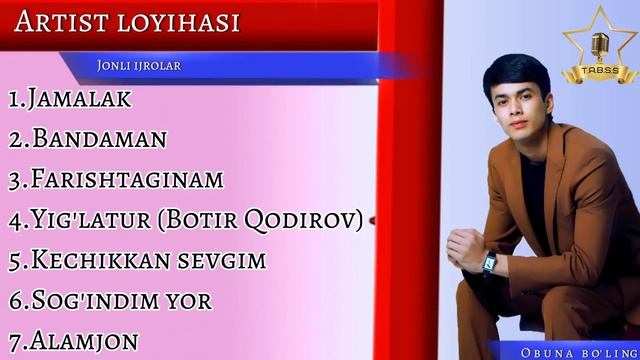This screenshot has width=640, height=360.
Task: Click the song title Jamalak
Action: tap(80, 99)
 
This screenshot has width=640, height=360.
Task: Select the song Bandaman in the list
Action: tap(99, 139)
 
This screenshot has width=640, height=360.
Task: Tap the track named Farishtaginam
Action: tap(127, 180)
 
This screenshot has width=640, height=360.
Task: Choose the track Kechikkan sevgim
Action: tap(149, 260)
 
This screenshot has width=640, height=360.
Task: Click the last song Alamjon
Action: tap(84, 340)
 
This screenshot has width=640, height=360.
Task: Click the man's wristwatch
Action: tap(490, 263)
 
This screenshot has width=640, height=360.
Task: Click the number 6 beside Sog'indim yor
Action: tap(14, 300)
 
